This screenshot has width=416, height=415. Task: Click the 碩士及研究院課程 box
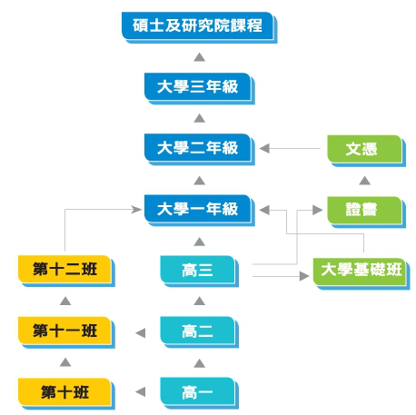pos(199,27)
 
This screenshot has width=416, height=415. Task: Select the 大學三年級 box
pos(200,88)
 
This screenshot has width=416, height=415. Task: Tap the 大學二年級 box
pos(200,149)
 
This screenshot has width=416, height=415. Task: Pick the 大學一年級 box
pos(200,211)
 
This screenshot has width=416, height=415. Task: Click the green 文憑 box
pos(366,151)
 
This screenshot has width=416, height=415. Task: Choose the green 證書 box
pos(366,212)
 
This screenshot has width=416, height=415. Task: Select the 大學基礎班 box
pos(362,273)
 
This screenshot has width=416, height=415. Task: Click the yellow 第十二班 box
pos(66,271)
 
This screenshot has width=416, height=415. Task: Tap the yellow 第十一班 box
pos(66,332)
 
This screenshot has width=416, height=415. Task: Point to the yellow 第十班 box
pos(66,393)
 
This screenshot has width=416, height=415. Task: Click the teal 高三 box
pos(200,272)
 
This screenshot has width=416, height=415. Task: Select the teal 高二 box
pos(200,332)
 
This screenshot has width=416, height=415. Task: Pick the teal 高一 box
pos(200,393)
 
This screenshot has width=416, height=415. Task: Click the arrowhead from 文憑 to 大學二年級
pos(264,148)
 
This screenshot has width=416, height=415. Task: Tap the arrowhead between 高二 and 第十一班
pos(141,333)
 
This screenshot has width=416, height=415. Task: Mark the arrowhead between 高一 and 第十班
pos(141,391)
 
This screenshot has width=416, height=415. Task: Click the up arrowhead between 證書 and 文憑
pos(364,181)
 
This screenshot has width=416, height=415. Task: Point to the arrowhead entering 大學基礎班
pos(304,276)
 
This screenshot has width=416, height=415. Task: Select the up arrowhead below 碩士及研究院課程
pos(199,57)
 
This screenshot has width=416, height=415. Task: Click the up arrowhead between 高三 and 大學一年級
pos(199,242)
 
